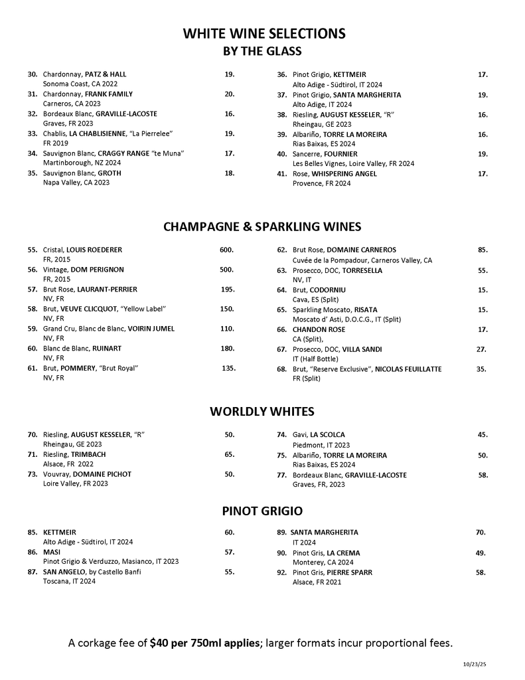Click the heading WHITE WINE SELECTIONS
point(264,34)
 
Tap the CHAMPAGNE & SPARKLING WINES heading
point(262,227)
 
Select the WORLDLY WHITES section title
point(262,411)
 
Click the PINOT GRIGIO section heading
point(262,511)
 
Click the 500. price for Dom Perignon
point(227,270)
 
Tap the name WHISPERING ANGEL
point(344,174)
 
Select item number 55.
point(33,250)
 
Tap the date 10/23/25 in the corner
point(475,663)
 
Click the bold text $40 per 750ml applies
point(206,643)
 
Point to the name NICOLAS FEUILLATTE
point(408,369)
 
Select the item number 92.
point(281,572)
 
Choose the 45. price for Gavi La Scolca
point(483,435)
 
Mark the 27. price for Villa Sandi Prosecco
point(482,349)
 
